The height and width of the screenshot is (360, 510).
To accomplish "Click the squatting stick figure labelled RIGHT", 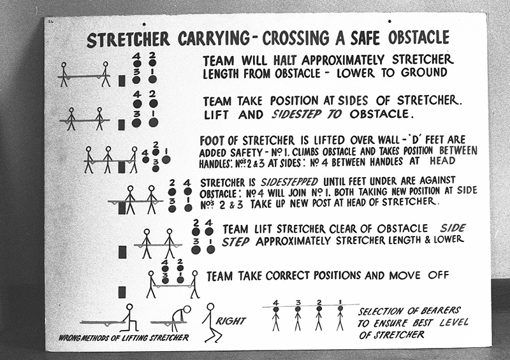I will (211, 322).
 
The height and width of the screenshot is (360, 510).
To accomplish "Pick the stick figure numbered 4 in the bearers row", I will (276, 316).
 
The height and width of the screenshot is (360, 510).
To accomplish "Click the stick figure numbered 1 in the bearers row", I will (340, 316).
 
